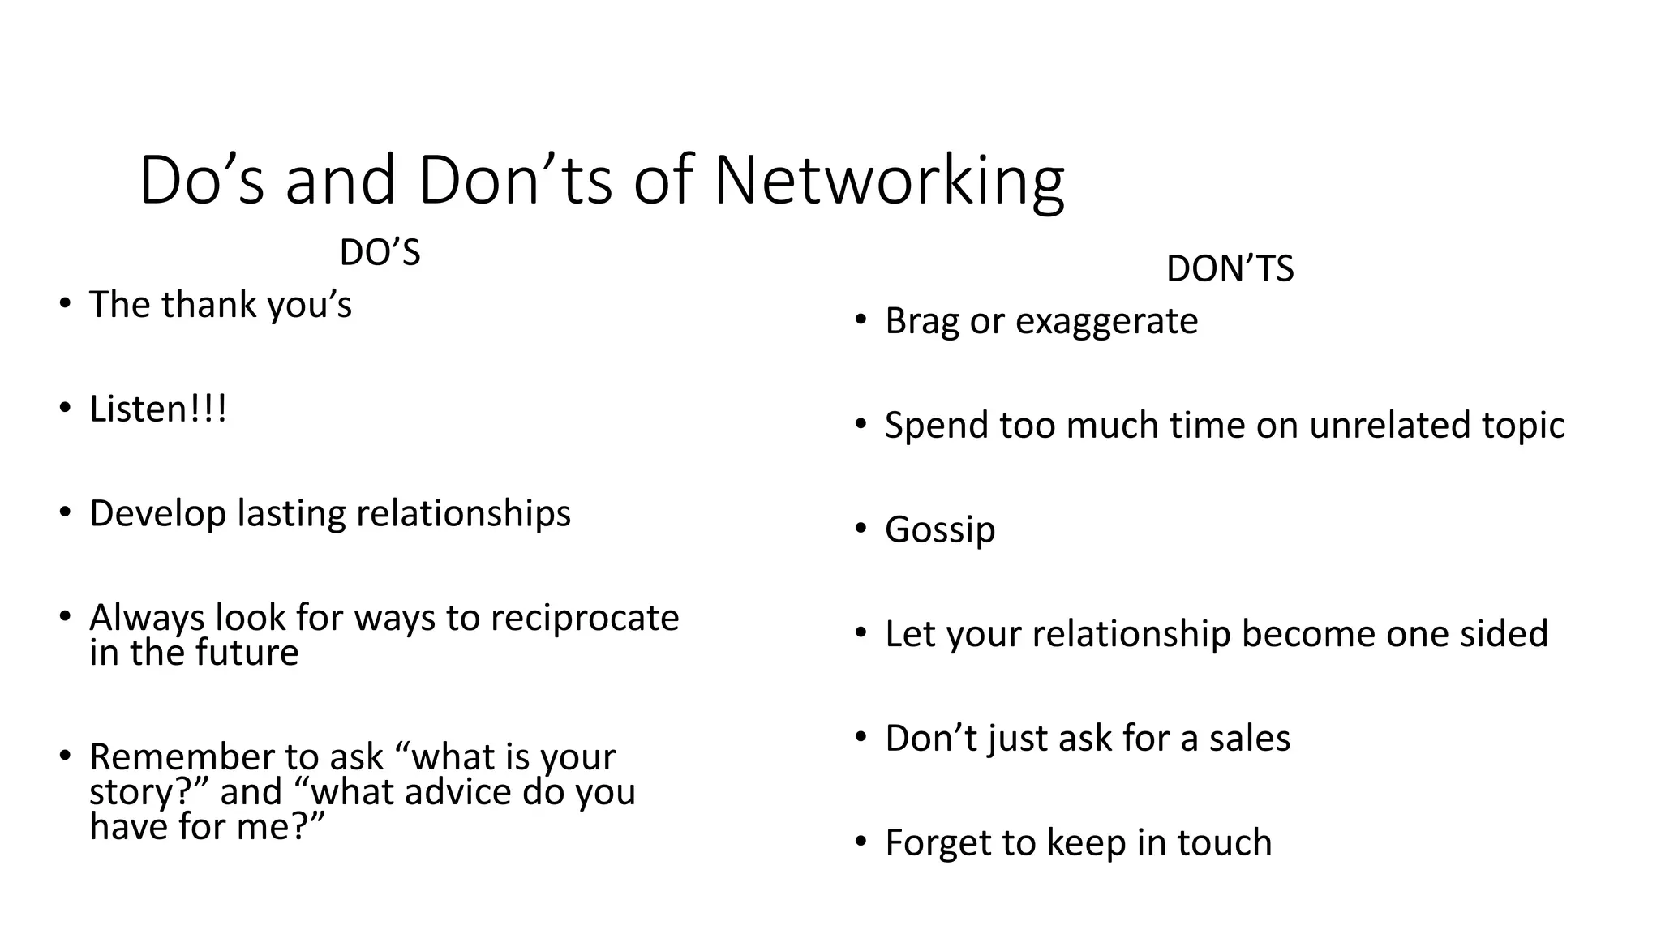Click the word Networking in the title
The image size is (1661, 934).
888,182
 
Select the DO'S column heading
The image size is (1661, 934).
380,253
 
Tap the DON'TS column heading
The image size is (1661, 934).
1230,268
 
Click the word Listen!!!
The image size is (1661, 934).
158,409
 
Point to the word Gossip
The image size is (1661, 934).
940,530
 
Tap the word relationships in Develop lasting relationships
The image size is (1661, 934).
463,514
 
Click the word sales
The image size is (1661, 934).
1249,739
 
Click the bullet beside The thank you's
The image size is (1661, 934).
65,304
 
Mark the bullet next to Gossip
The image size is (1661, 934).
861,529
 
